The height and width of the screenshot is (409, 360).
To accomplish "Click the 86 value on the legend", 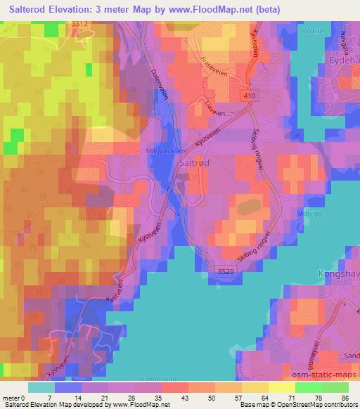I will (x=345, y=398).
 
